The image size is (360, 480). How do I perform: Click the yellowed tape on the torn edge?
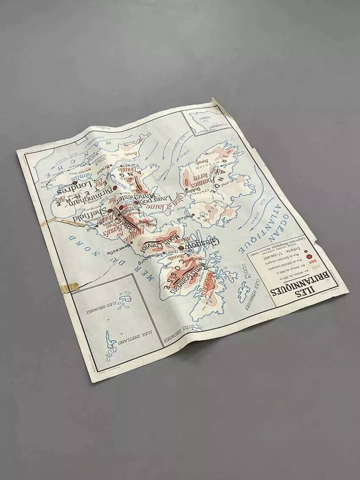point(69,287)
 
